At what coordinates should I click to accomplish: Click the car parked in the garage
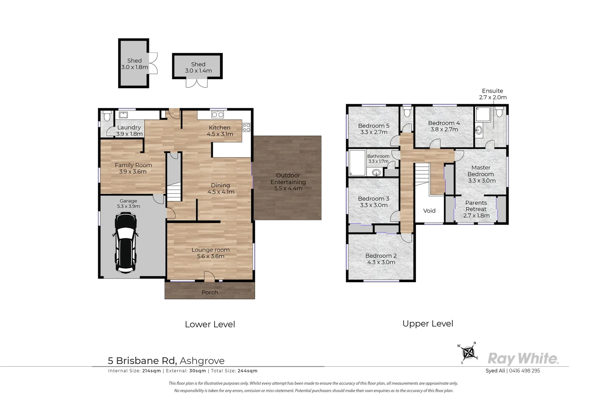tap(125, 242)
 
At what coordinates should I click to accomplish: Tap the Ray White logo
tap(523, 358)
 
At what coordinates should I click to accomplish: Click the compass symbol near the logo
tap(470, 352)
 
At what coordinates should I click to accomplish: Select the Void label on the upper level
tap(429, 211)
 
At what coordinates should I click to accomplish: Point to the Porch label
tap(209, 293)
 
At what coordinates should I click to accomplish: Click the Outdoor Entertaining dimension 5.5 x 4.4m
tap(288, 189)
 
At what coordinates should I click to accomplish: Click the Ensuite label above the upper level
tap(492, 91)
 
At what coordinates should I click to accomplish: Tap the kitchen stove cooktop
tap(246, 128)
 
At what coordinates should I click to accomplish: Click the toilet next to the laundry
tap(107, 116)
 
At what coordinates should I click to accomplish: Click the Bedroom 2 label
tap(381, 256)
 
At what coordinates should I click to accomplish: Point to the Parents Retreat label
tap(476, 206)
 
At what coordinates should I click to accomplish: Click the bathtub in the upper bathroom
tap(357, 163)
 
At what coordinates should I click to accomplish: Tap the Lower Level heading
tap(210, 325)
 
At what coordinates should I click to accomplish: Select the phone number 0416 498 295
tap(524, 371)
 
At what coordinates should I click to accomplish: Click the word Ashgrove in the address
tap(202, 361)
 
